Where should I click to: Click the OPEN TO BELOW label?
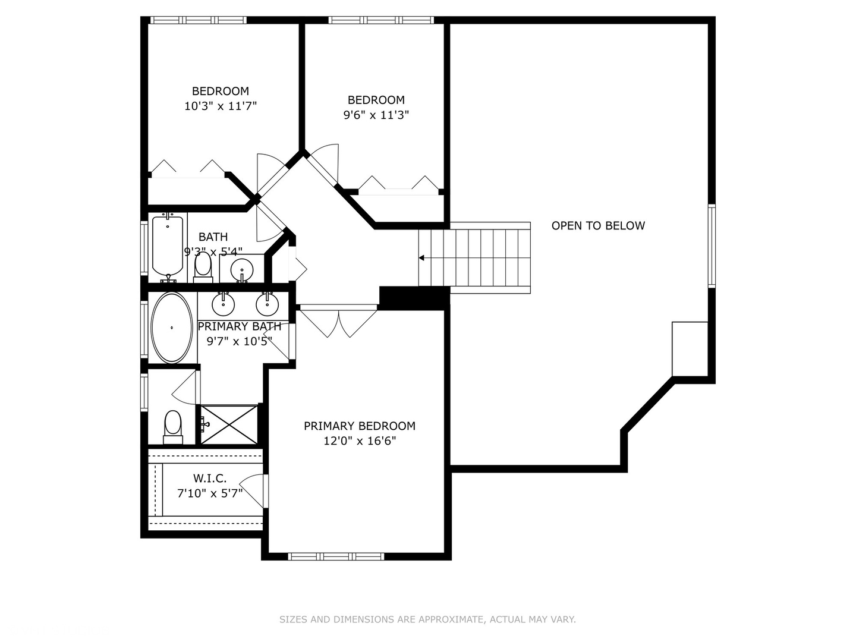coord(597,226)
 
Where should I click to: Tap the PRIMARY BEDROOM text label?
coord(359,426)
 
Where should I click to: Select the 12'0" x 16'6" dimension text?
coord(359,441)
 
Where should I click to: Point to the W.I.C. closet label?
coord(209,479)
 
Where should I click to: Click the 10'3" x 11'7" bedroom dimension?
coord(220,106)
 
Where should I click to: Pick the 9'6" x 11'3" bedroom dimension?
coord(376,115)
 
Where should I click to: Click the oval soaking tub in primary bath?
coord(172,328)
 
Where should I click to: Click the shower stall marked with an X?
coord(229,424)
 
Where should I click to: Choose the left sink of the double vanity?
coord(224,304)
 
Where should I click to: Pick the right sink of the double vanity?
coord(267,304)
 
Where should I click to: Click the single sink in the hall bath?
coord(241,269)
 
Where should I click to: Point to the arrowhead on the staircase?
coord(421,258)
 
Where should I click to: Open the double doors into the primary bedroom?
coord(338,321)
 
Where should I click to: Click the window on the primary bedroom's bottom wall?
coord(336,556)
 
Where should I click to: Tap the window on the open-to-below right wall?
coord(711,246)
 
